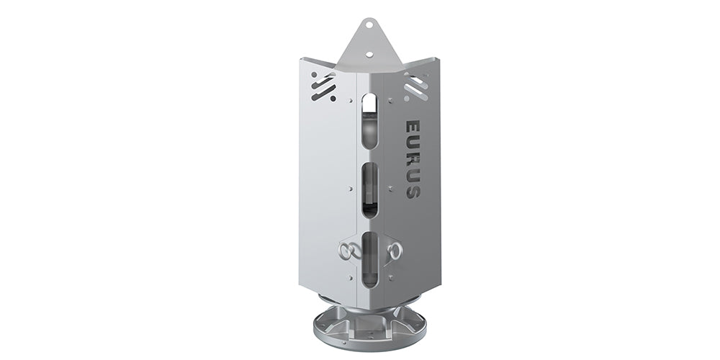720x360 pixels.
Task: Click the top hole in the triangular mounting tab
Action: [369, 24]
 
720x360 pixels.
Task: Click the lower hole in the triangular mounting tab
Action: [369, 54]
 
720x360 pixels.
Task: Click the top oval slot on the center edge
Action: [369, 120]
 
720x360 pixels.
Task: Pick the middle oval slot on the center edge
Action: [369, 189]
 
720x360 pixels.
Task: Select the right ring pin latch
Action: [394, 251]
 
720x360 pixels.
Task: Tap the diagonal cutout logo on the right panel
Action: [416, 87]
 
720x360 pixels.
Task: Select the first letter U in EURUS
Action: [413, 143]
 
